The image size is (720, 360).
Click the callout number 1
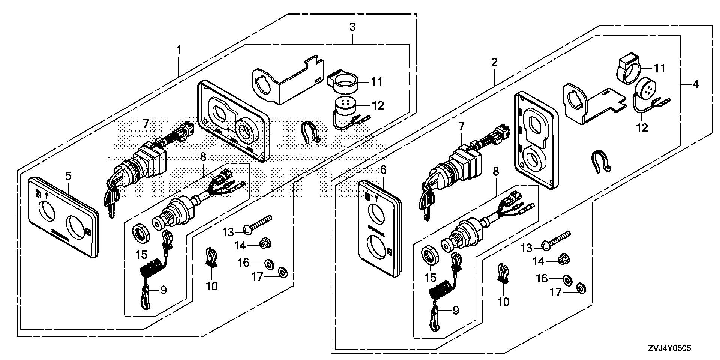(x=179, y=50)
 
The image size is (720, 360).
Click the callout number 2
(x=494, y=63)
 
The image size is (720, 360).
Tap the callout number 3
(x=352, y=27)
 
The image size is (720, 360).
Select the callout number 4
(x=695, y=84)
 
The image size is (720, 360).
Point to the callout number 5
(x=68, y=175)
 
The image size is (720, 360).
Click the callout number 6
(x=383, y=170)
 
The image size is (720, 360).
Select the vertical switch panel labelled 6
(x=379, y=229)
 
